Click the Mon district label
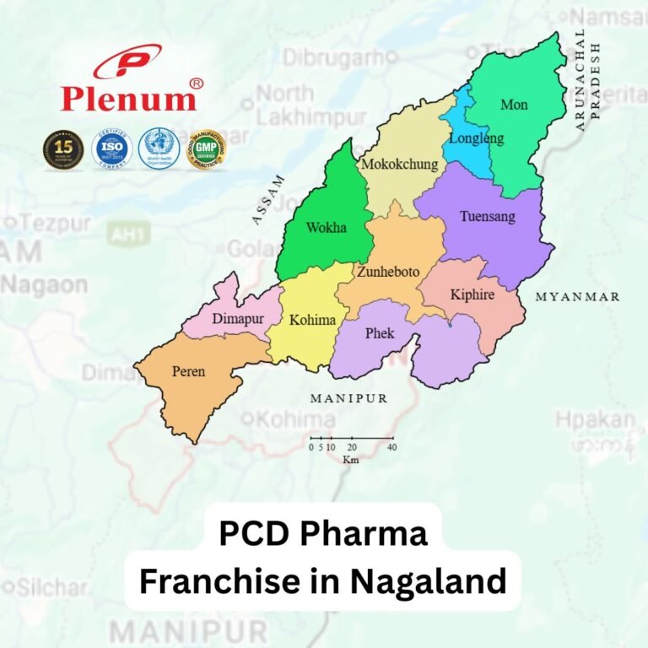click(514, 105)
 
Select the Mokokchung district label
click(399, 165)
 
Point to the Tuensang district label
click(487, 217)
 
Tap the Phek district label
click(379, 333)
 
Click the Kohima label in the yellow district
click(312, 321)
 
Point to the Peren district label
click(188, 371)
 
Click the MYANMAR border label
click(578, 297)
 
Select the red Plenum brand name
click(128, 99)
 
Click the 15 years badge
click(62, 148)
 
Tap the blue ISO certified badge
click(111, 148)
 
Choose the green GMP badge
click(205, 149)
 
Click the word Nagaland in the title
click(419, 581)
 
